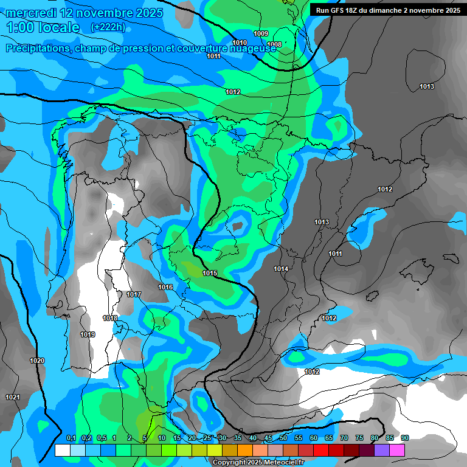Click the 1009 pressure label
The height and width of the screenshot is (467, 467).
pos(261,33)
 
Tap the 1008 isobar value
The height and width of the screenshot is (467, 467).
pos(274,44)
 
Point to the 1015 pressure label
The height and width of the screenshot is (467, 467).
pos(210,274)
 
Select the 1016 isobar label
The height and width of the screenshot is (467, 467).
pos(165,287)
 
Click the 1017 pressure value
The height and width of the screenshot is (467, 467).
pos(134,295)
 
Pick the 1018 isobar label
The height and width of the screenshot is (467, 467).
pos(110,319)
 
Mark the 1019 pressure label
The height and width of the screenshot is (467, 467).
pos(88,334)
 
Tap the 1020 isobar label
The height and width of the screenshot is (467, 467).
pos(37,361)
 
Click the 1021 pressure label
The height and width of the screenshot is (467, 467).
pos(13,397)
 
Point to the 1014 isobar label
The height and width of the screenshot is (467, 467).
pos(281,269)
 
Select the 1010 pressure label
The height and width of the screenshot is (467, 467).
pos(240,43)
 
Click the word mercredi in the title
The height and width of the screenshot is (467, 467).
pos(32,13)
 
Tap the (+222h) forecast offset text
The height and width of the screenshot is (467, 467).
pos(108,27)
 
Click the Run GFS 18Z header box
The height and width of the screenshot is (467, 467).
pos(387,10)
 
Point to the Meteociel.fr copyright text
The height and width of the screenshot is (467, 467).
pos(258,462)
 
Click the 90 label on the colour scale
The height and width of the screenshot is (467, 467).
pos(405,438)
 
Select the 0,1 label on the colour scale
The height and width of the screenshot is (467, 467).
pos(71,438)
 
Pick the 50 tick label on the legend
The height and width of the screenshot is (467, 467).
pos(283,438)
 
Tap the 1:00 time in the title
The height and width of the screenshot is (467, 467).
pos(19,27)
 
